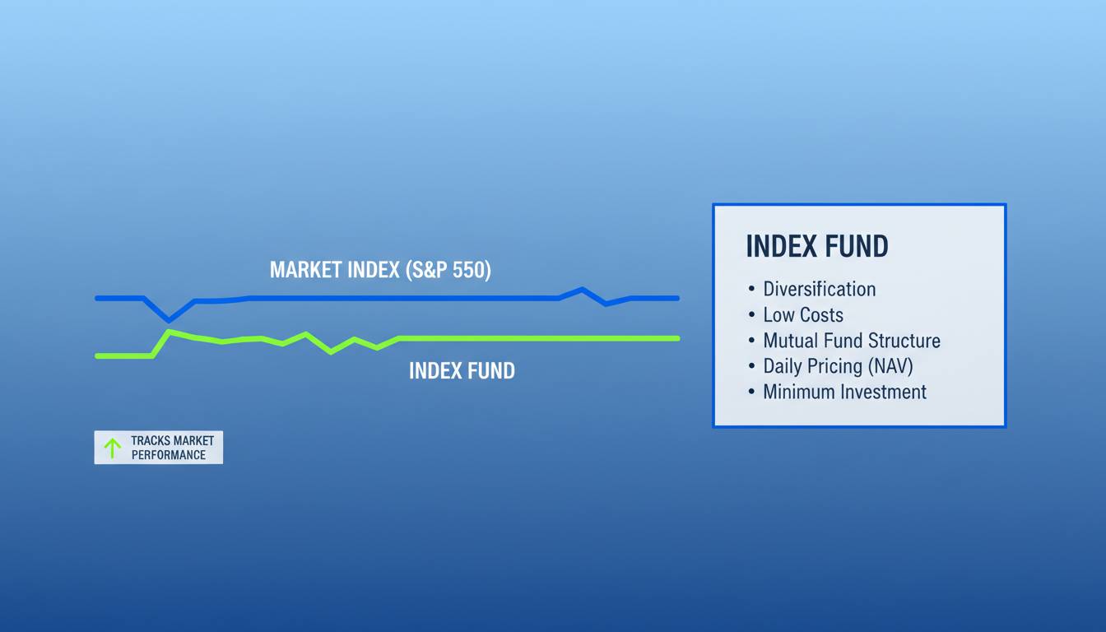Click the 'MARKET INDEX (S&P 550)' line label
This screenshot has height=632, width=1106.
(x=380, y=270)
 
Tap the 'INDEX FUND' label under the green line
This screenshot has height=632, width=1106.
(x=462, y=371)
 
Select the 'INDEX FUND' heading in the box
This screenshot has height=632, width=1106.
(x=816, y=247)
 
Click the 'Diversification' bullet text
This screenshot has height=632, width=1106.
(x=819, y=289)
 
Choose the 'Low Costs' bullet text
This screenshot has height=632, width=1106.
(x=802, y=314)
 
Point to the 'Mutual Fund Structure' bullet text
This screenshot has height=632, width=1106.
(x=851, y=341)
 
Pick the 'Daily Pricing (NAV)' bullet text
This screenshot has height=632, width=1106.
(x=838, y=366)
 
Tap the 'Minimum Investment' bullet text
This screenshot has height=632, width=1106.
(x=844, y=392)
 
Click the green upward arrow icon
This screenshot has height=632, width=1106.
(x=113, y=448)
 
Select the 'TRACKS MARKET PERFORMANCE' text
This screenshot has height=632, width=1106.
(x=172, y=448)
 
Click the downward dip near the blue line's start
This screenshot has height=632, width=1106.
(x=170, y=319)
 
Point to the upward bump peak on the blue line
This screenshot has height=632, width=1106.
(x=582, y=289)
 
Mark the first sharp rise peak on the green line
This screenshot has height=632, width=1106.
(x=169, y=332)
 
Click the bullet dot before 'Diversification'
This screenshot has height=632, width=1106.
(x=751, y=290)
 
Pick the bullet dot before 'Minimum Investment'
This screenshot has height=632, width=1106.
(x=751, y=393)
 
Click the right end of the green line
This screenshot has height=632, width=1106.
(x=677, y=337)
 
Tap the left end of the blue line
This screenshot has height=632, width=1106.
(x=97, y=298)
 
